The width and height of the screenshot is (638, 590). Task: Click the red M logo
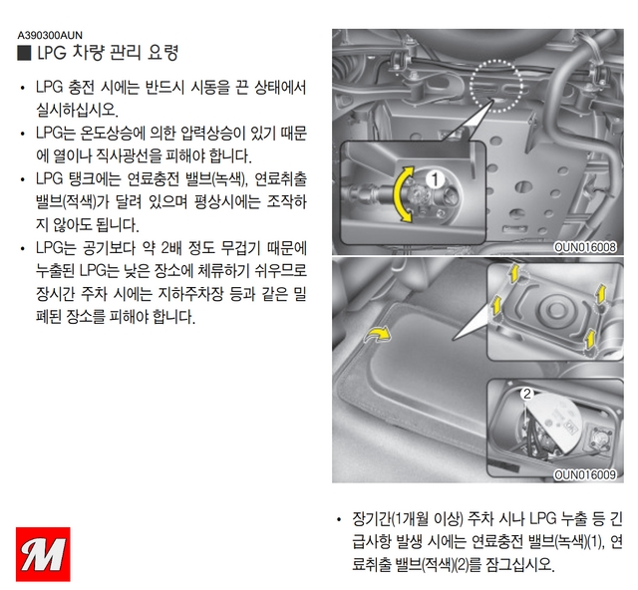pos(43,554)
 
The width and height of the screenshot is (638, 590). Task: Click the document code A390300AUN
pos(50,35)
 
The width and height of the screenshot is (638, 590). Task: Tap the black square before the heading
pos(24,53)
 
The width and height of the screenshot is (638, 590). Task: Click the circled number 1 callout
pos(435,179)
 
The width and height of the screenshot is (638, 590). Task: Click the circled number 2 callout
pos(527,394)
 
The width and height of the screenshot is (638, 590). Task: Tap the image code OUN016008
pos(585,247)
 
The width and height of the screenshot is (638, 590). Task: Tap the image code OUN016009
pos(585,474)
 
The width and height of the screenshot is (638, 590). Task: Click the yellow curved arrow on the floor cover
pos(379,334)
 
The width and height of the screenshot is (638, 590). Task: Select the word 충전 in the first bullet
pos(82,88)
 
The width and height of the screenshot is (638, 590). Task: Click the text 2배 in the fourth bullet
pos(171,248)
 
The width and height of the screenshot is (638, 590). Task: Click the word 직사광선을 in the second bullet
pos(129,156)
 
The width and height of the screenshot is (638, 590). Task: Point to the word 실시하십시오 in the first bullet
pos(76,111)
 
